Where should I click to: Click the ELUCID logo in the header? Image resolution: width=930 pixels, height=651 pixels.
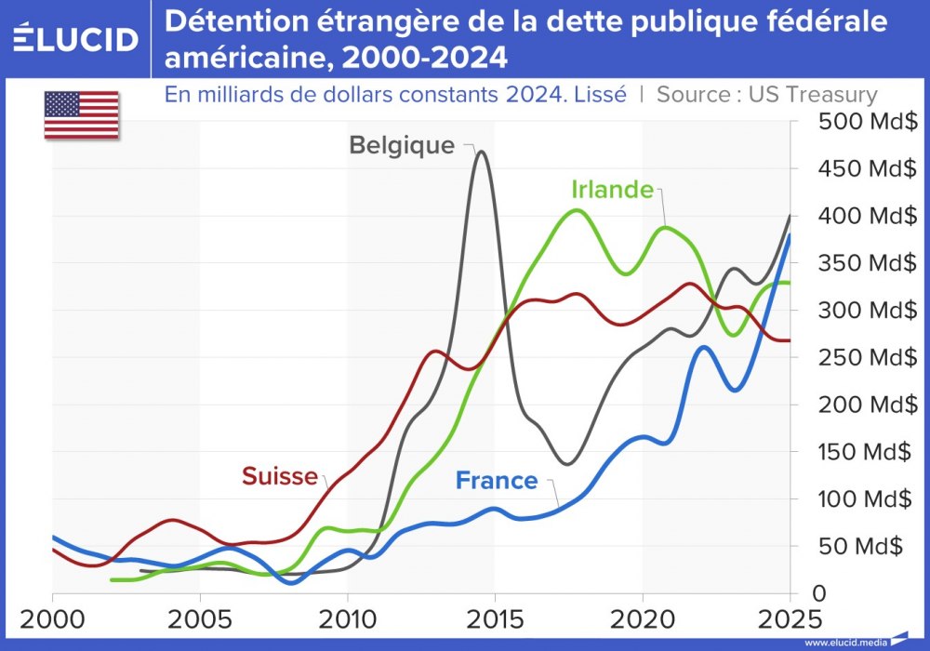tap(76, 39)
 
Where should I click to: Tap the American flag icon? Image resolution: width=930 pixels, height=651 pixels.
tap(81, 115)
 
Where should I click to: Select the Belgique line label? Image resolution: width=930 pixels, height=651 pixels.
tap(402, 146)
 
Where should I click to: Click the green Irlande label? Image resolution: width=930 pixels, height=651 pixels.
tap(611, 190)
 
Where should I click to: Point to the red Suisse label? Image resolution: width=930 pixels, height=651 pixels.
tap(279, 476)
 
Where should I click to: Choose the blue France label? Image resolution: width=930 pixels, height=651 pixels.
tap(496, 481)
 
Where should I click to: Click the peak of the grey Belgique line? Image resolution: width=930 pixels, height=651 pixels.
tap(480, 152)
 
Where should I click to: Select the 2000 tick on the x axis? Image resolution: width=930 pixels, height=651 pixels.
tap(53, 618)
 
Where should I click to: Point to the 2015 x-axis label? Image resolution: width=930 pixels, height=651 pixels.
tap(495, 618)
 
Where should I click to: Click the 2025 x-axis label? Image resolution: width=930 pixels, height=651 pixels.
tap(789, 618)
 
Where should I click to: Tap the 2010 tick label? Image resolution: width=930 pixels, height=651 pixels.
tap(347, 618)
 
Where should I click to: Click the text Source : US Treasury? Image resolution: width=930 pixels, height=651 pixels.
tap(767, 94)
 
